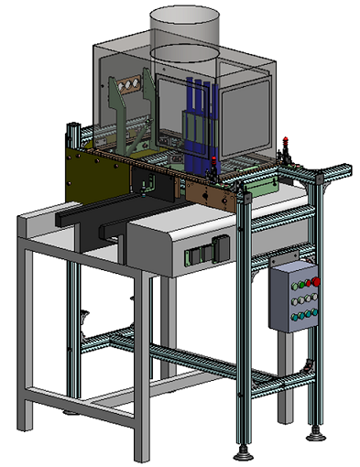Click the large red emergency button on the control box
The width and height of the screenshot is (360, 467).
pyautogui.click(x=316, y=281)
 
